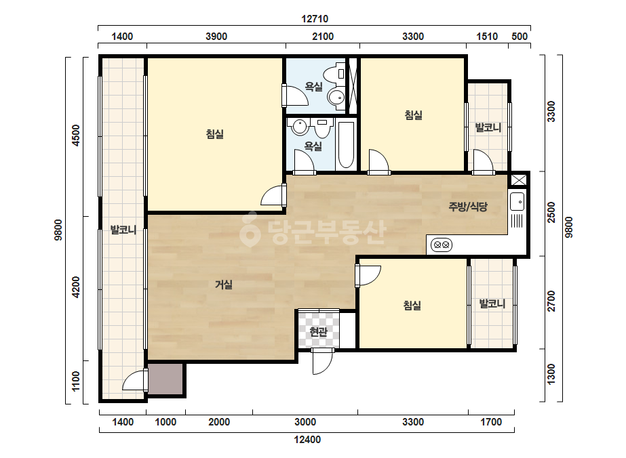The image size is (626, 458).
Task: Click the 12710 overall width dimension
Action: pos(315,19)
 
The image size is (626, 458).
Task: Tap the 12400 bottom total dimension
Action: pos(307,440)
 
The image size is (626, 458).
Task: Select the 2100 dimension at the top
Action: pos(323,37)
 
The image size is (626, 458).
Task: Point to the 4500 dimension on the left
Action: pos(76,136)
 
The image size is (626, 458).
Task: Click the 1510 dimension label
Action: pos(487,37)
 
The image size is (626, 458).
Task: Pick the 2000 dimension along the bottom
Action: pos(219,422)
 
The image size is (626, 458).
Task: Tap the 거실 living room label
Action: pos(224,285)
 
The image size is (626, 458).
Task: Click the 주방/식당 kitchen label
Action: pos(468,207)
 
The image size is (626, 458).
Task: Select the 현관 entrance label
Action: pos(319,331)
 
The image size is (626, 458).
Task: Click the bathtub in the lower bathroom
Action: pos(346,145)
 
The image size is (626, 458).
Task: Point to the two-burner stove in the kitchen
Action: pos(442,245)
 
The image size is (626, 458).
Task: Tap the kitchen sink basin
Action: pos(517,201)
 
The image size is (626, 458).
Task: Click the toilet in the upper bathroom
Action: pos(335,74)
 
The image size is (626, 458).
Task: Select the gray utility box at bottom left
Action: pos(165,379)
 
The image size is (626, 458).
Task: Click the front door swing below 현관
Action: pos(322,361)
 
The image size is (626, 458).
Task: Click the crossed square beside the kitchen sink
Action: pos(519,180)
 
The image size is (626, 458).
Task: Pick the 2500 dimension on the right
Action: pos(551,213)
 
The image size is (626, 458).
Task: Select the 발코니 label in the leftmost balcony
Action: pos(123,230)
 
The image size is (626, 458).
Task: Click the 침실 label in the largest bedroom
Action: pos(215,133)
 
